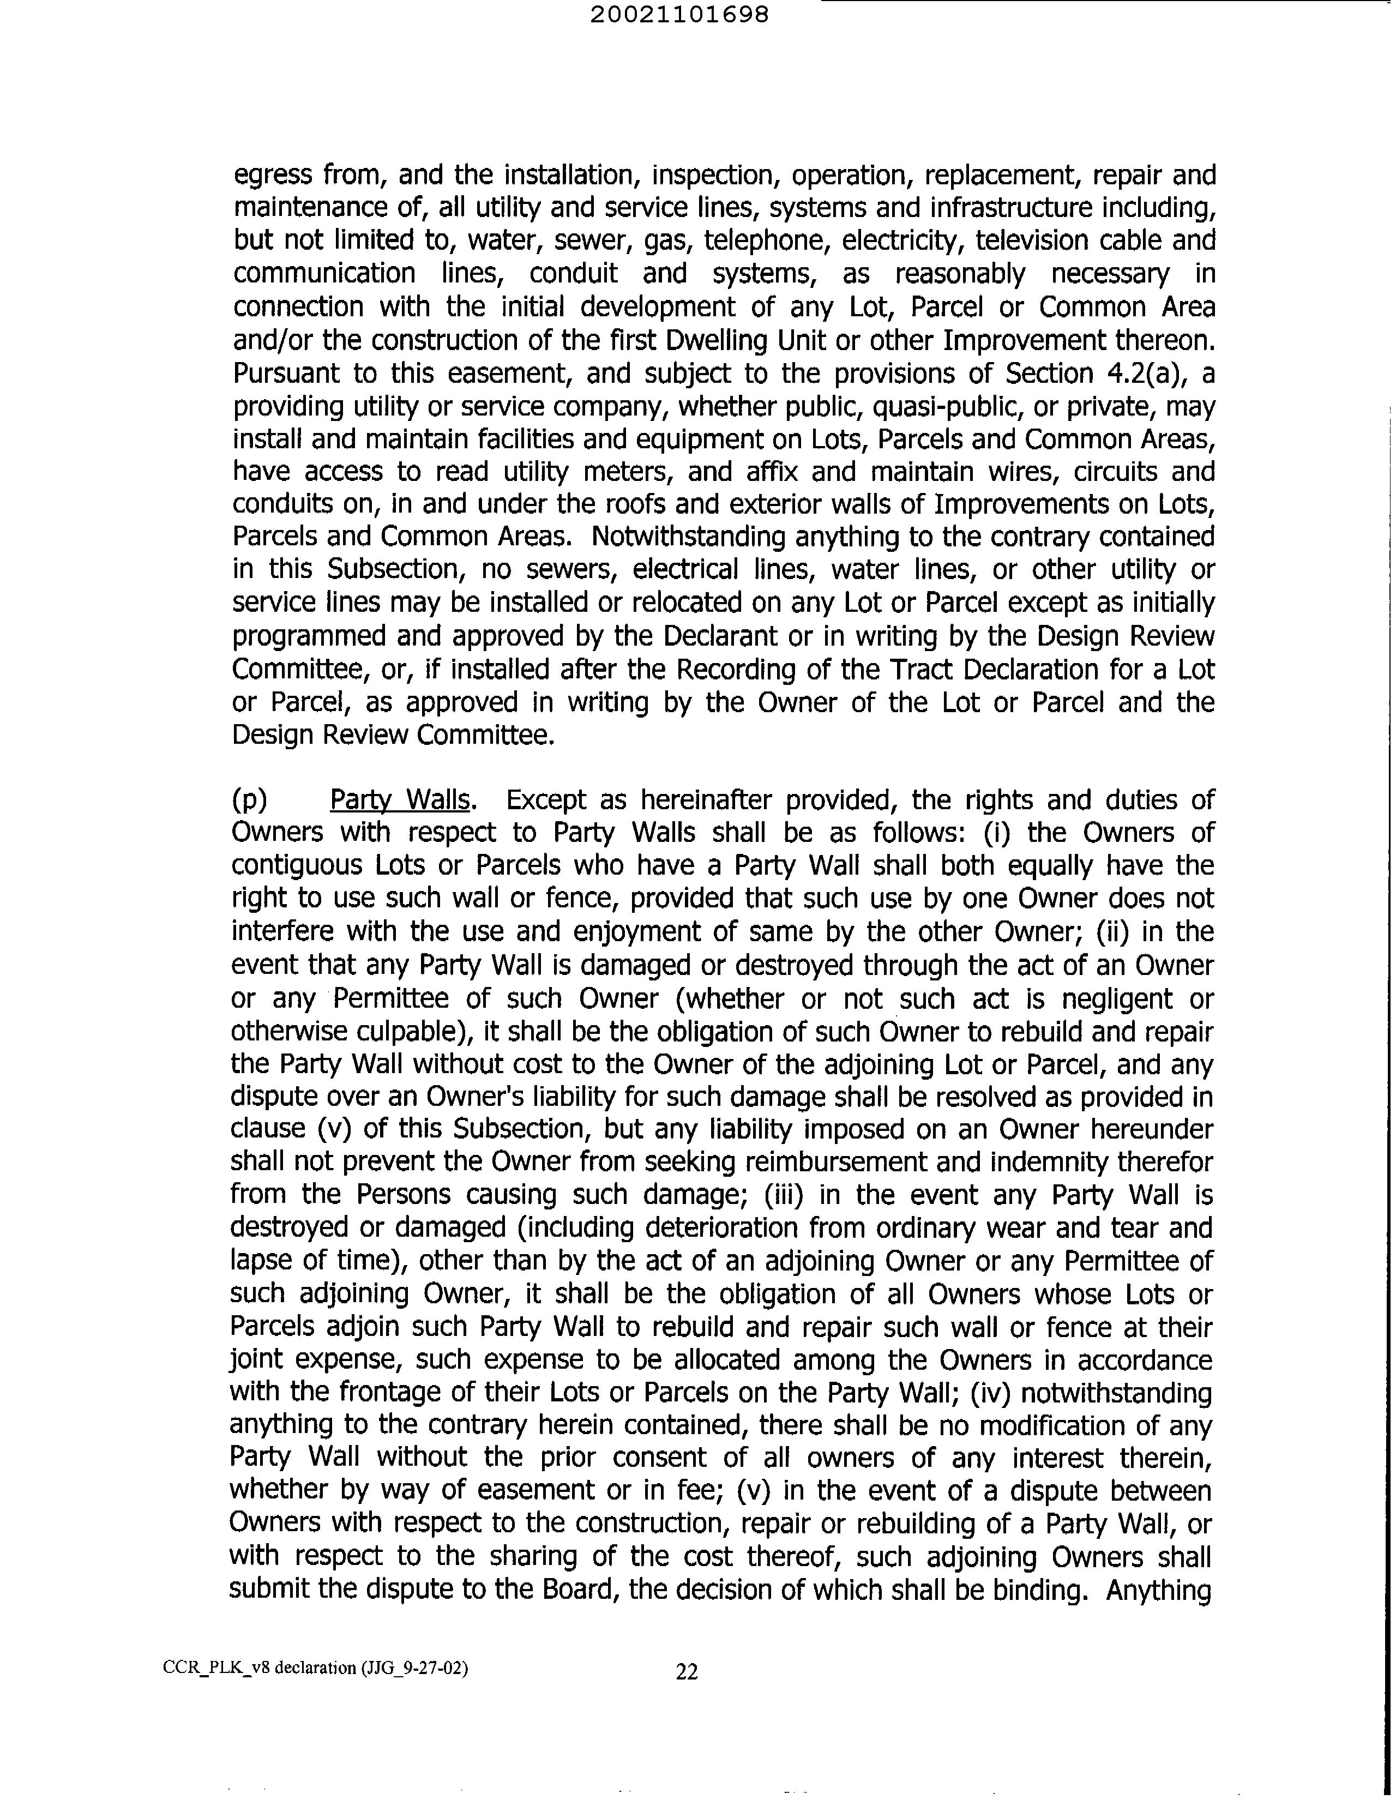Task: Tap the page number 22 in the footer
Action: tap(687, 1671)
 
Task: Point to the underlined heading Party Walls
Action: tap(400, 800)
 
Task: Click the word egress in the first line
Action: tap(273, 175)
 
